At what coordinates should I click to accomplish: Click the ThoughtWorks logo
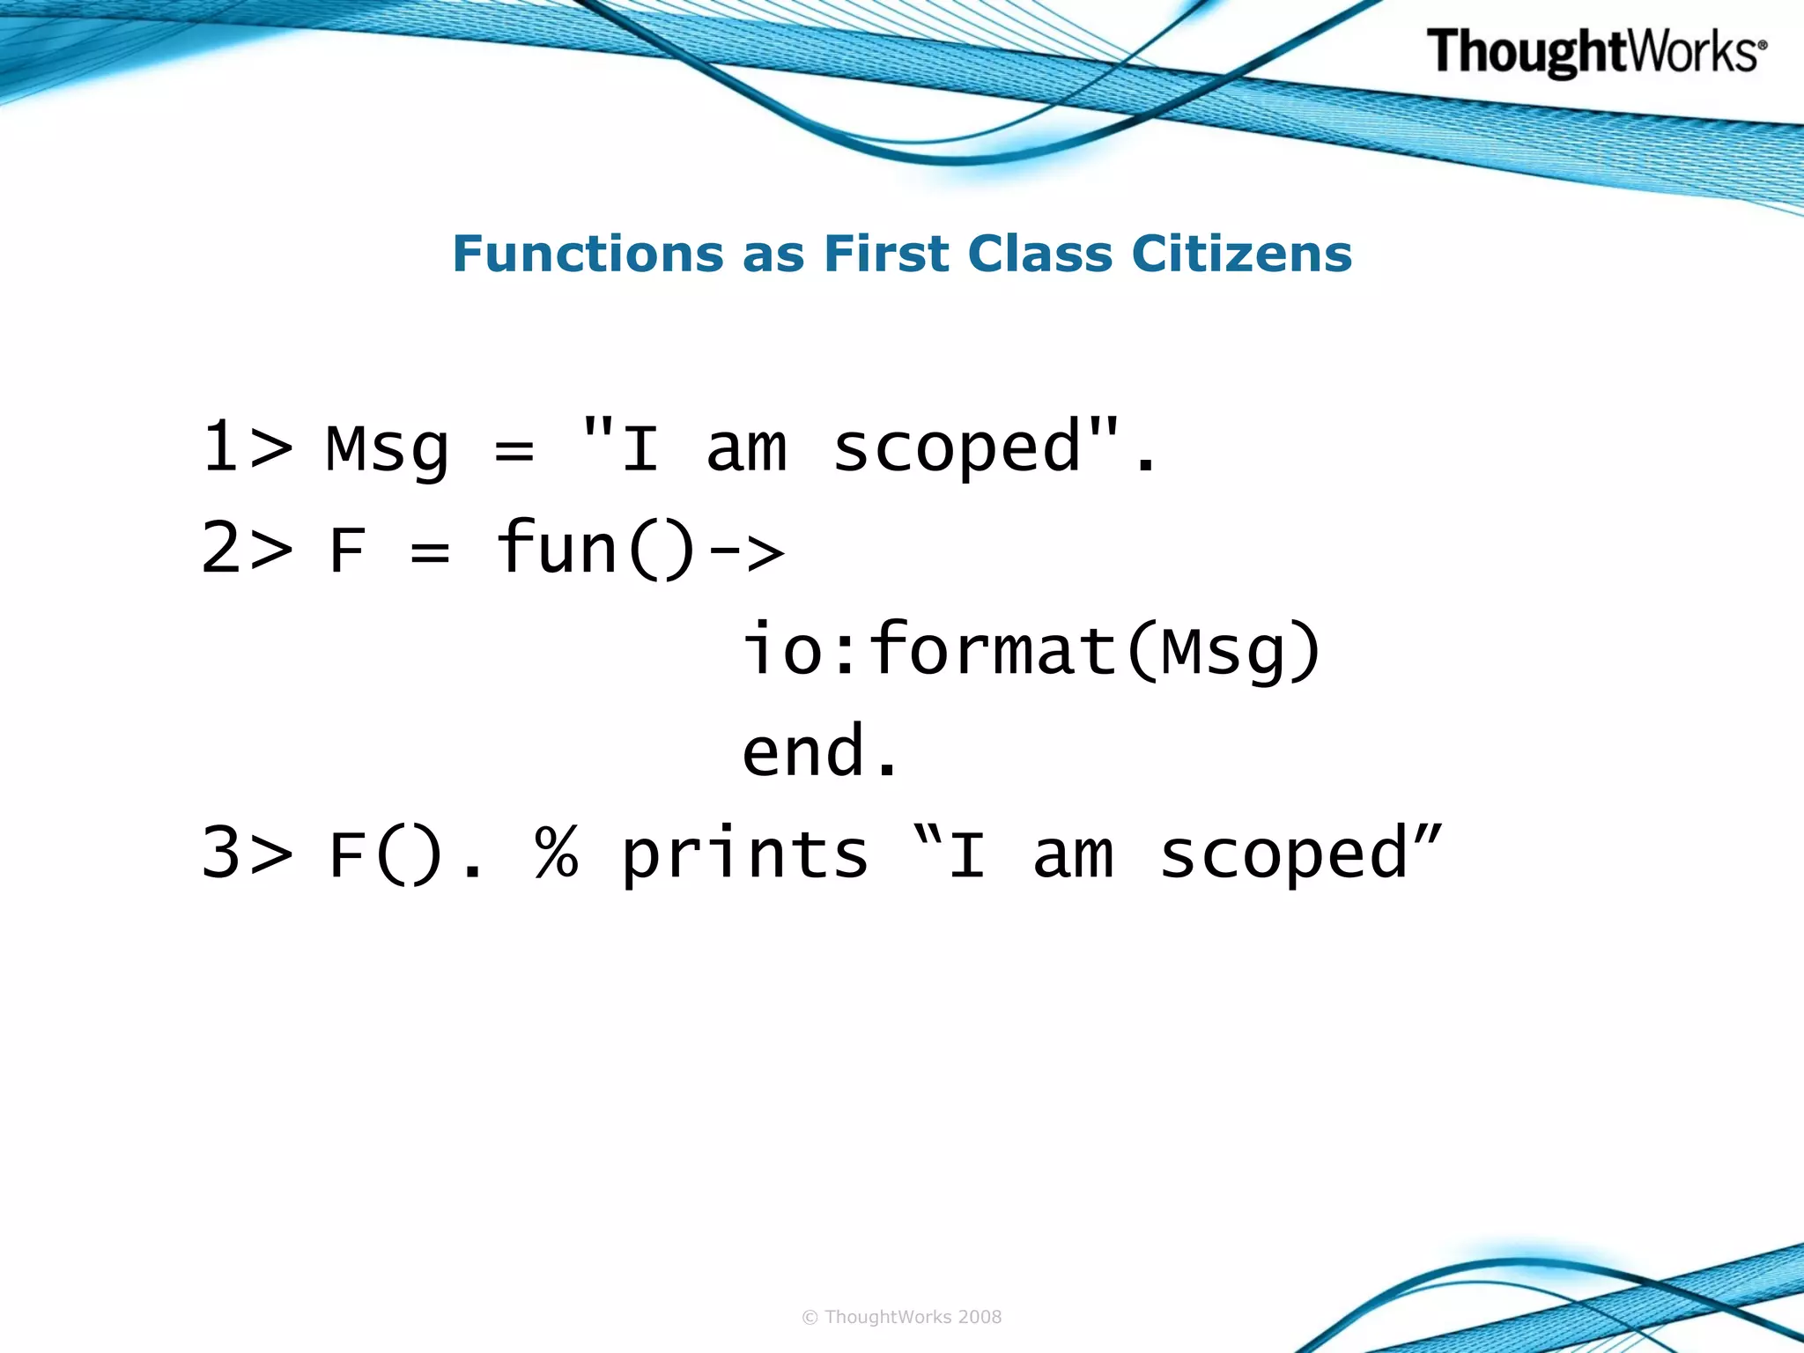pos(1595,52)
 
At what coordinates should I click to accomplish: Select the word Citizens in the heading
pos(1241,255)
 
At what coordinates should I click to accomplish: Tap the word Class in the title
pos(1040,255)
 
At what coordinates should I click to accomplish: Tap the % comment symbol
pos(557,854)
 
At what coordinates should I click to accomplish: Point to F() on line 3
pos(386,855)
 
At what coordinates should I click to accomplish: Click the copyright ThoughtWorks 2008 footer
pos(901,1317)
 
